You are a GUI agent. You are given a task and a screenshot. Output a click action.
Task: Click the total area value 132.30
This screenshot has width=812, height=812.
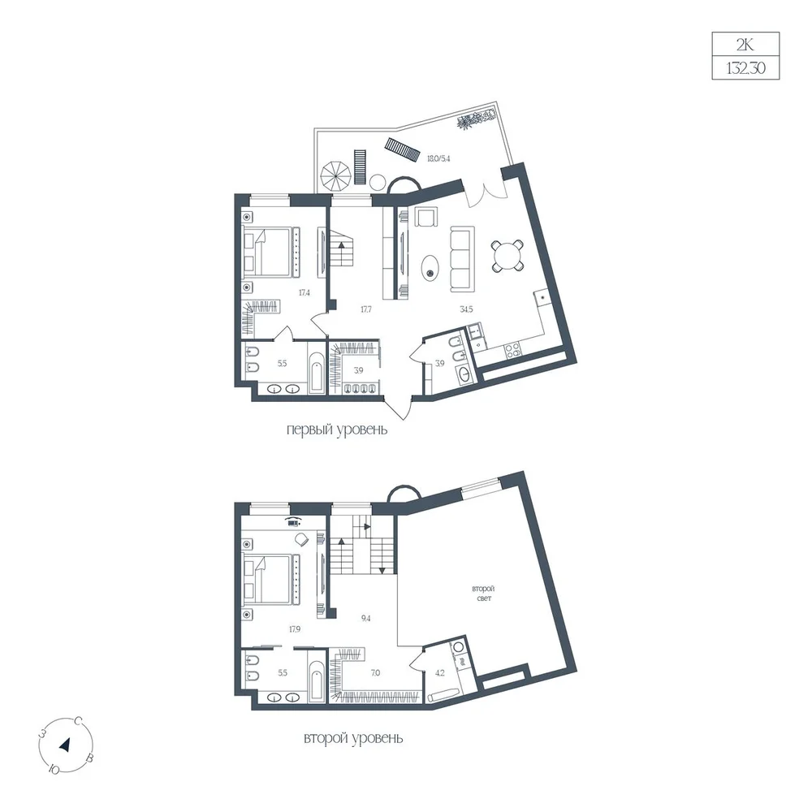745,68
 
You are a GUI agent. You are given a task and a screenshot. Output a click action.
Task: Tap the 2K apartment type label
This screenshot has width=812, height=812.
745,45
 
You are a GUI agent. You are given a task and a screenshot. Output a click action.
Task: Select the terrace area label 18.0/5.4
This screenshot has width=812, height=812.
438,158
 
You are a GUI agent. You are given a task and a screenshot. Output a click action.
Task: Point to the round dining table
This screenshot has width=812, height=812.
508,257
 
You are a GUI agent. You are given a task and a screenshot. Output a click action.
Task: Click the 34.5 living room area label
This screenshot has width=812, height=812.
466,309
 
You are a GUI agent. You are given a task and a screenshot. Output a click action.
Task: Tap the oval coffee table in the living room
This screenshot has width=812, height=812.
430,267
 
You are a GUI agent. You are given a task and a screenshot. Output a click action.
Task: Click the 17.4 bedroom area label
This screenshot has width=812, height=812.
304,292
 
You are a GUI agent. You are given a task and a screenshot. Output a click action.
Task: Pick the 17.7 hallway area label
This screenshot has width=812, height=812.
365,309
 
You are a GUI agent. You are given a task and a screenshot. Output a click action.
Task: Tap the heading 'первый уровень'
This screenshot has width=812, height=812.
337,430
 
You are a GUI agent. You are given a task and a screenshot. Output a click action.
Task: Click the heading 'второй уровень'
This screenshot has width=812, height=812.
353,738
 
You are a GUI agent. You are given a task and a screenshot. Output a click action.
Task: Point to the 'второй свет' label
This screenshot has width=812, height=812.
483,594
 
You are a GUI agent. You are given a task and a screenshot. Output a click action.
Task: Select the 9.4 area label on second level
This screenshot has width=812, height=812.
365,618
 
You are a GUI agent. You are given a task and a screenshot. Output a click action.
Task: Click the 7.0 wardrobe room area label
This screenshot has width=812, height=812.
375,672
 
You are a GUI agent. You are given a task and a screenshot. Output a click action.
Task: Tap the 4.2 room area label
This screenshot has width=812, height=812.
439,673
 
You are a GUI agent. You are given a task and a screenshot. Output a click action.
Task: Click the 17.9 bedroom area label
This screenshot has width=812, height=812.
294,629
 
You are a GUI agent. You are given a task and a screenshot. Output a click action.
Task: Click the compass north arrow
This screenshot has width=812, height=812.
65,745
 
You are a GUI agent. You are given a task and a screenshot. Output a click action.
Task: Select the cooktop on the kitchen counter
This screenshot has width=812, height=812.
513,352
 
